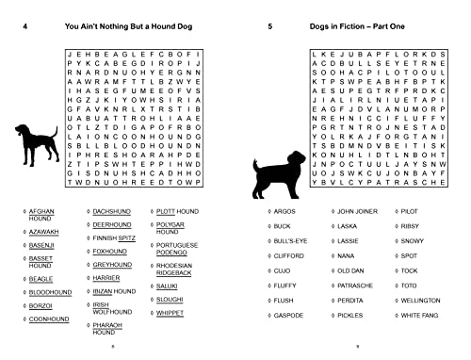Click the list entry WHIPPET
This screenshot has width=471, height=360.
tap(175, 311)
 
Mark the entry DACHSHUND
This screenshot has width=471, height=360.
tap(112, 212)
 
